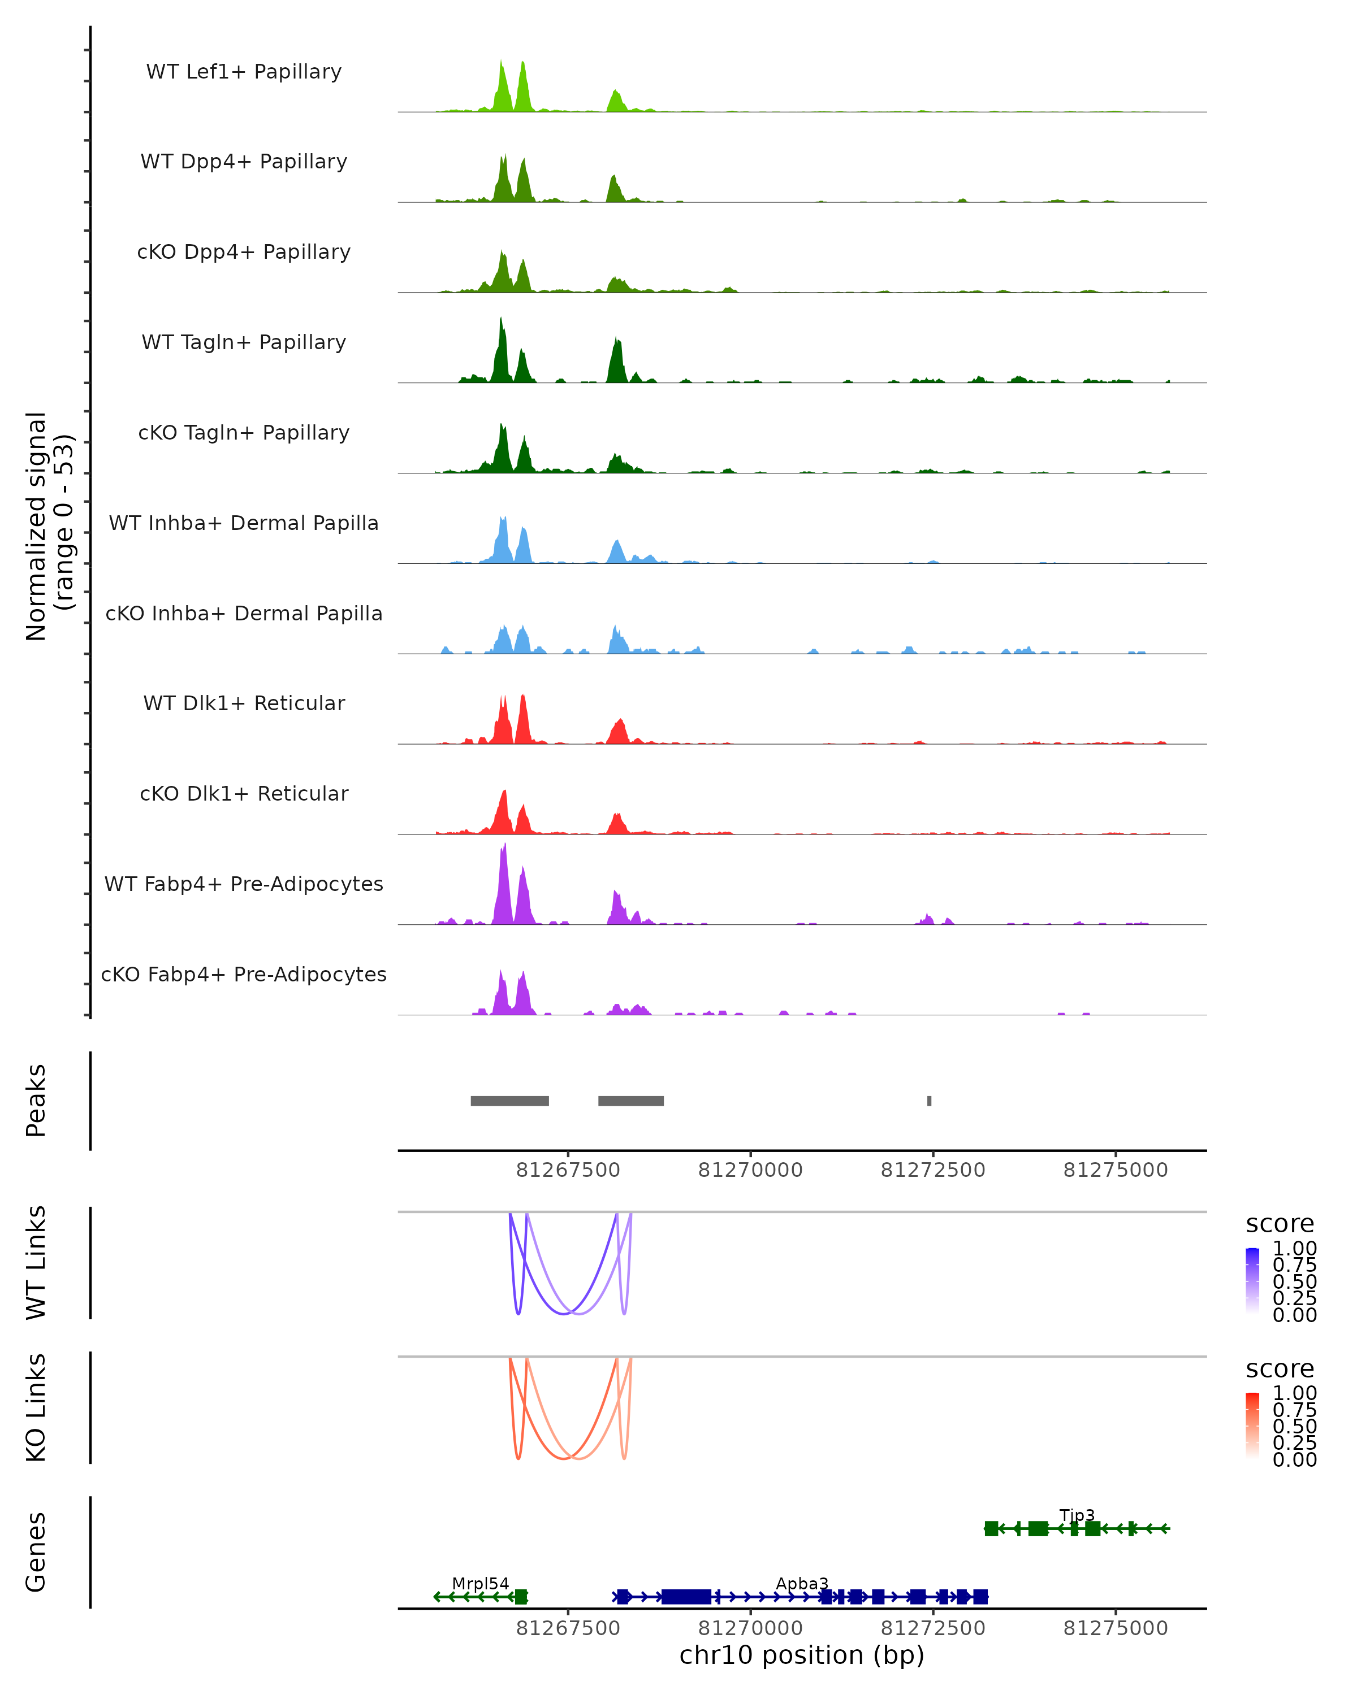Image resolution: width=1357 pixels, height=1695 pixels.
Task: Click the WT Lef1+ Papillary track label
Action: (x=244, y=72)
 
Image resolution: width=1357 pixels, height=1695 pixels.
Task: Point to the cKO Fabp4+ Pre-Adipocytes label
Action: (x=244, y=974)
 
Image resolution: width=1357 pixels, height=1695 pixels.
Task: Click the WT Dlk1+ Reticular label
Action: (x=244, y=703)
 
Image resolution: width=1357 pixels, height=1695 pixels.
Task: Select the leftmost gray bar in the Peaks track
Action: (x=510, y=1101)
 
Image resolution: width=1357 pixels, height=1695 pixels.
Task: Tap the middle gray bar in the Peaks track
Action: (x=631, y=1101)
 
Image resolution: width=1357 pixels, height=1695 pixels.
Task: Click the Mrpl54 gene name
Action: (x=480, y=1583)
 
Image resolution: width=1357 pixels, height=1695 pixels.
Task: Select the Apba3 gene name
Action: (x=802, y=1583)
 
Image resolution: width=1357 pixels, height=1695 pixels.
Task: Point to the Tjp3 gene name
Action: (x=1077, y=1515)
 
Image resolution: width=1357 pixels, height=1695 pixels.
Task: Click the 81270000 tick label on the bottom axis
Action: (x=750, y=1628)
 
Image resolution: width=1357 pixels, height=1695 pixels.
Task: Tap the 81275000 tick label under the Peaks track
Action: (x=1116, y=1170)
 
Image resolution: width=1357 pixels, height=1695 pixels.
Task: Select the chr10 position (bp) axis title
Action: (x=802, y=1655)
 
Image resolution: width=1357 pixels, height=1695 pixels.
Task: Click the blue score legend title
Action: (x=1280, y=1224)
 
